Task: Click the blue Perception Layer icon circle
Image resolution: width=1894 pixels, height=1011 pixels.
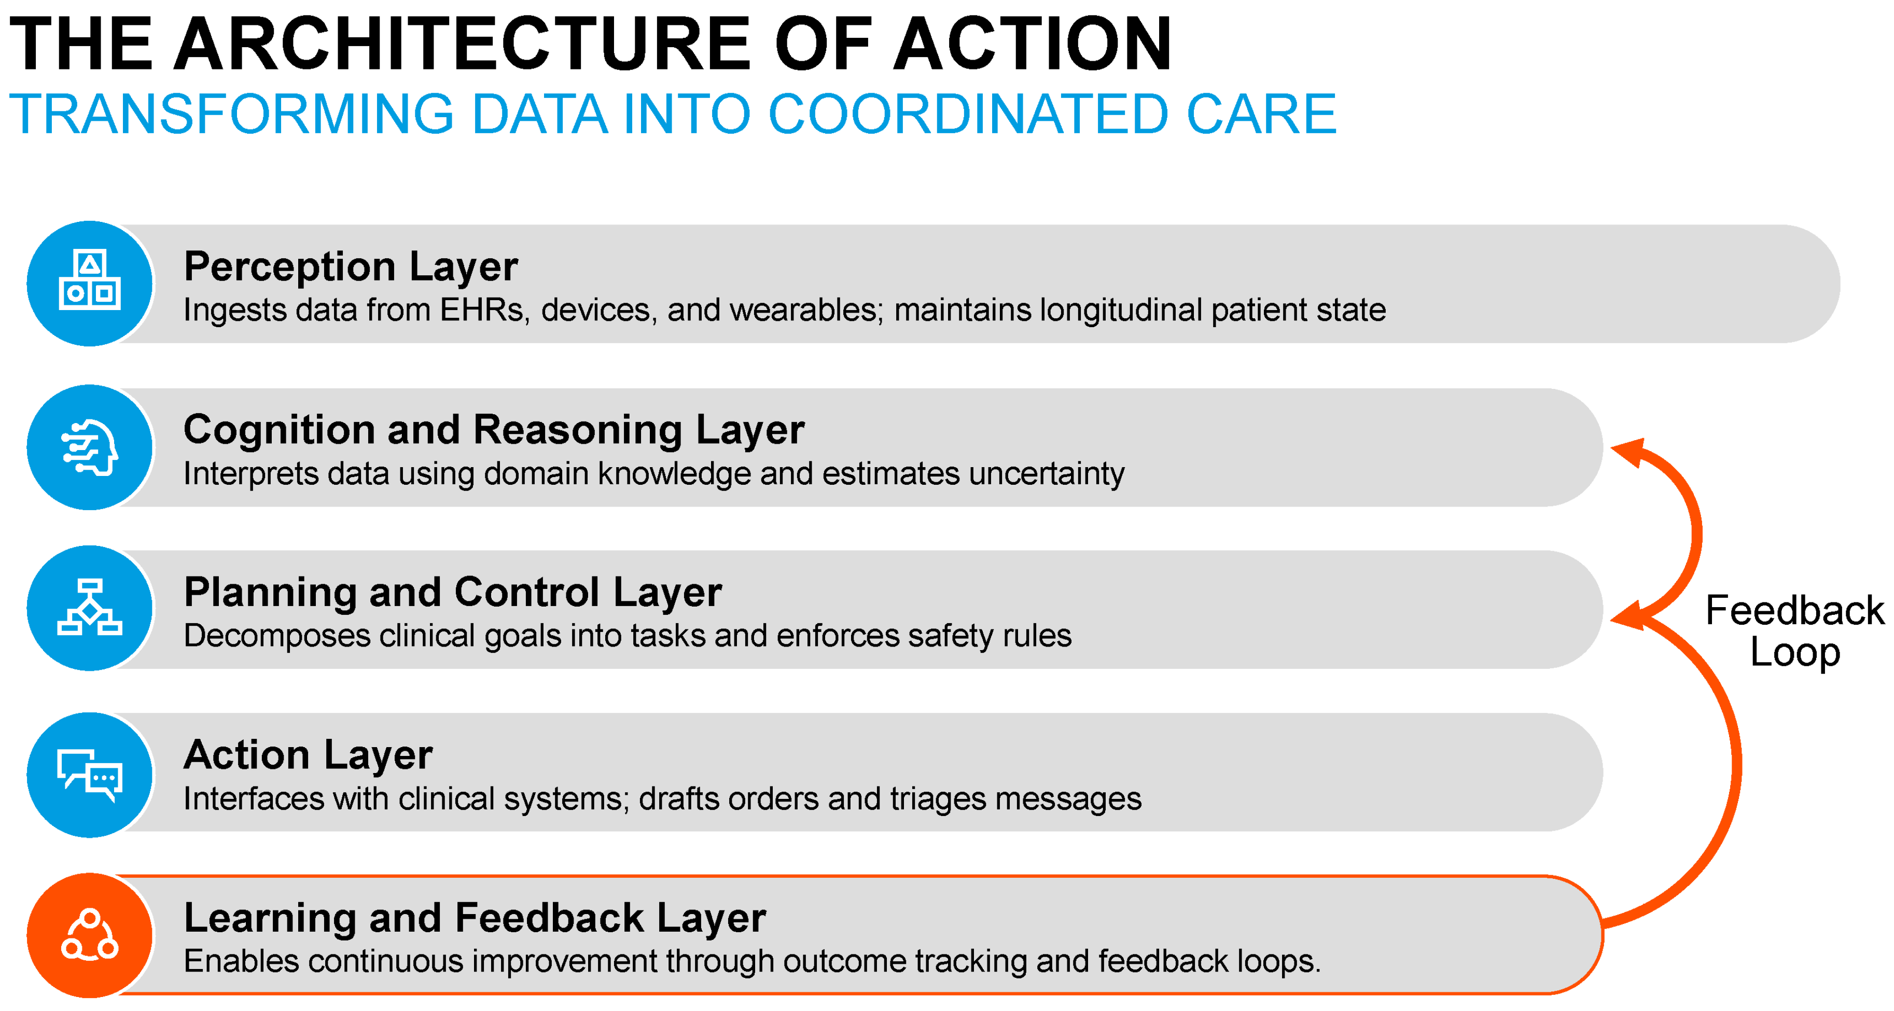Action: [90, 284]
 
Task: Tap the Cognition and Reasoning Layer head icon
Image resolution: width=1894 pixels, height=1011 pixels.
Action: [90, 447]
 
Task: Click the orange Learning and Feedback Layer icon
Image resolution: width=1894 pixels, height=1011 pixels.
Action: [90, 935]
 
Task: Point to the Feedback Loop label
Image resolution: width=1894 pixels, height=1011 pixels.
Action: [1795, 631]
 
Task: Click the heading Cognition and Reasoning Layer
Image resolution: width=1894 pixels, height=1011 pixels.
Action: [494, 430]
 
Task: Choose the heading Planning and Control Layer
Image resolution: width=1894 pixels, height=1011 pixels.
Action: [453, 593]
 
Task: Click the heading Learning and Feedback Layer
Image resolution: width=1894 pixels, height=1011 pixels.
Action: [475, 918]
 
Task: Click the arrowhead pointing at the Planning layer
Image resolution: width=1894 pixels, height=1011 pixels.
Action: [1626, 616]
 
